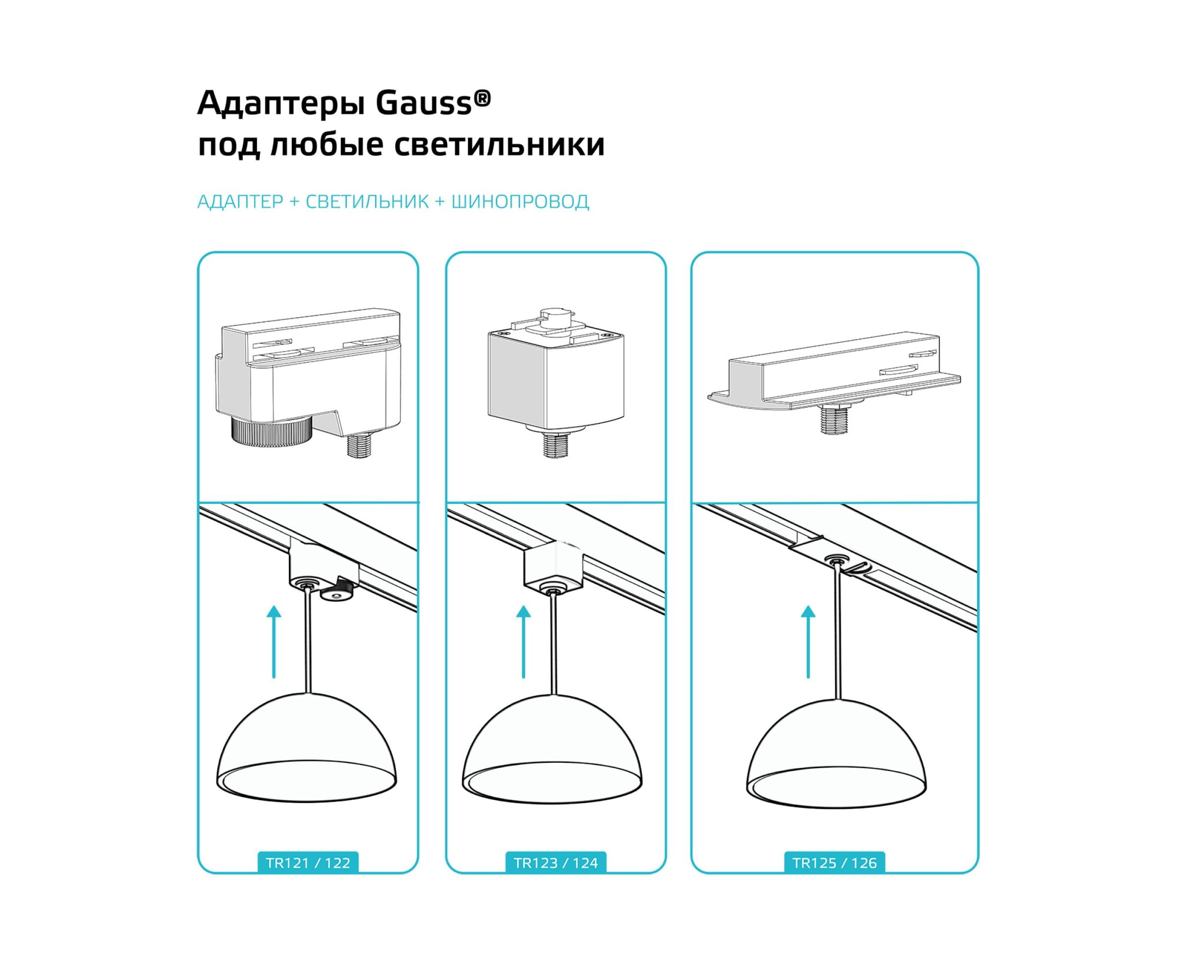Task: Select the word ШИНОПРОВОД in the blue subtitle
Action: pos(520,202)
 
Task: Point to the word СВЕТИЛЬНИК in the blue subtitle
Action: pos(367,202)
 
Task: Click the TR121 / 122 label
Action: pos(308,863)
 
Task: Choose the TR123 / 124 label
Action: pos(556,863)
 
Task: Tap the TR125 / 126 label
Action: pos(835,863)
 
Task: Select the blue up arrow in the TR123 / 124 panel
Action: pos(523,642)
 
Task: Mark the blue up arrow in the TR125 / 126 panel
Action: pos(808,642)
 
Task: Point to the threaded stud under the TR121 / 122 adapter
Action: pos(359,445)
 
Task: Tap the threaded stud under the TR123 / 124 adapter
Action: pos(555,442)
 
